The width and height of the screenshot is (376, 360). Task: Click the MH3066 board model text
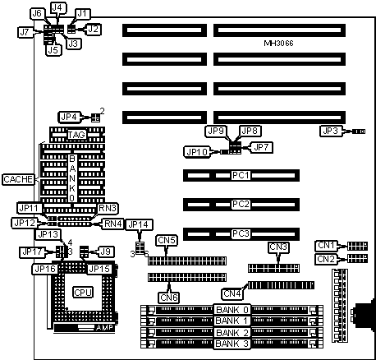tap(278, 44)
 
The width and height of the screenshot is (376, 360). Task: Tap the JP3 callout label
tap(331, 132)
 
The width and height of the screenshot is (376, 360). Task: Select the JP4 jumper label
tap(69, 118)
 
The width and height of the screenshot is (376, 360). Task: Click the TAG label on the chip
tap(76, 135)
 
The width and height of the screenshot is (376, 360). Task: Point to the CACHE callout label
tap(18, 179)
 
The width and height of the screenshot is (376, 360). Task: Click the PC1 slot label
tap(241, 175)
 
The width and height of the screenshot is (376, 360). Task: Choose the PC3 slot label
tap(241, 234)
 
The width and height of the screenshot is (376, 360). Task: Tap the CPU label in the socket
tap(83, 293)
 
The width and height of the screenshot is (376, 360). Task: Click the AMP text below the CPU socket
tap(104, 328)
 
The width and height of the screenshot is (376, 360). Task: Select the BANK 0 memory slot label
tap(232, 310)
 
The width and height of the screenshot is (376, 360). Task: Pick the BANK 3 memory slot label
tap(232, 344)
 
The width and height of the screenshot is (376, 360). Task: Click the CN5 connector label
tap(167, 240)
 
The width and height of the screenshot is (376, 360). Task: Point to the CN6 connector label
tap(169, 298)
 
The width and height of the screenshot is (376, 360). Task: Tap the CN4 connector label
tap(232, 293)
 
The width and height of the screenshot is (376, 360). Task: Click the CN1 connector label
tap(326, 246)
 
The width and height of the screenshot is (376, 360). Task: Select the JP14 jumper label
tap(140, 225)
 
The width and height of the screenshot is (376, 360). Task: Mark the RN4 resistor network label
tap(113, 224)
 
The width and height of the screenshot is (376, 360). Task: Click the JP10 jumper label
tap(197, 152)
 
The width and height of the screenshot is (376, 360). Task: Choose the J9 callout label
tap(106, 252)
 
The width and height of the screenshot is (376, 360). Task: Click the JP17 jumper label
tap(33, 252)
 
